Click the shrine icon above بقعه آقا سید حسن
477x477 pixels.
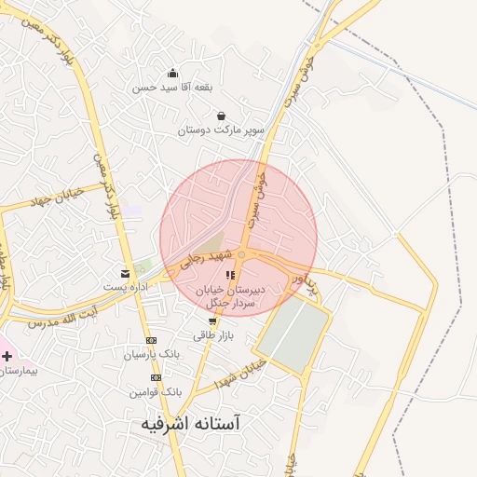click(172, 74)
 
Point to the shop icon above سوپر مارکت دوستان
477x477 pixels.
click(222, 116)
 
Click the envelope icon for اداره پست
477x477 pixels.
click(125, 273)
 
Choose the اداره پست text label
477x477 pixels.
click(125, 286)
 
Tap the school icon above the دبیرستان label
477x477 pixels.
click(230, 275)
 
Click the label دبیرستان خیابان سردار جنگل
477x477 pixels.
click(230, 295)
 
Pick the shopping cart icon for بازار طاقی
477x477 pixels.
click(213, 321)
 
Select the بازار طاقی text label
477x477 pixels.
click(213, 334)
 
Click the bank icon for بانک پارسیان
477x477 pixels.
click(152, 341)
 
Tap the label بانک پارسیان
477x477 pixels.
click(149, 355)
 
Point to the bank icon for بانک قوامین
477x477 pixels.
click(156, 377)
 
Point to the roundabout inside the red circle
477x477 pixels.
click(241, 254)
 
